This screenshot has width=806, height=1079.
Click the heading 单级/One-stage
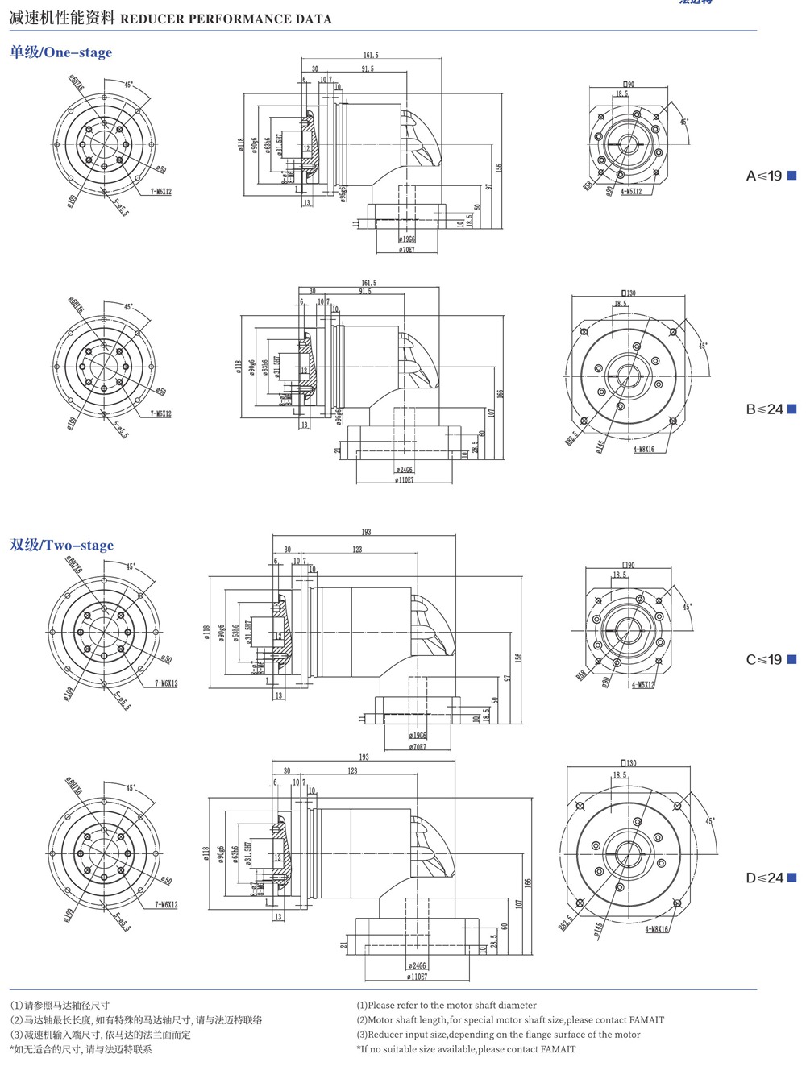point(61,52)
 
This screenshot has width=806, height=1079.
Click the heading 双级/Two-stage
point(62,546)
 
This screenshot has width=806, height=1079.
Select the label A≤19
point(763,176)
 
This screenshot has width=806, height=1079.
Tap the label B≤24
point(764,409)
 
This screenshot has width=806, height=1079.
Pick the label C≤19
point(763,659)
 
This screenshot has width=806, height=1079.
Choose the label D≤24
point(764,878)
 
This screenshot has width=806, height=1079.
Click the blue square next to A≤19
point(791,176)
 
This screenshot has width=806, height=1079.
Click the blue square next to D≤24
point(791,878)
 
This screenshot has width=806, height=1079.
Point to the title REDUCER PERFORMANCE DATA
point(226,19)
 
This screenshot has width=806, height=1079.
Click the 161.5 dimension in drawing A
point(370,56)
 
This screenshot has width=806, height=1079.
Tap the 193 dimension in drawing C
point(365,532)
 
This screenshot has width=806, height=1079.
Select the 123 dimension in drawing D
point(352,770)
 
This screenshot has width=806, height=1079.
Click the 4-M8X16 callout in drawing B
point(643,450)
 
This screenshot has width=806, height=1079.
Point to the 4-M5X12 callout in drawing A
point(631,192)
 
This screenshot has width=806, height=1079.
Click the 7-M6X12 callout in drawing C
point(166,683)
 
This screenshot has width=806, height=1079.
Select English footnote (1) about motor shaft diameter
point(447,1006)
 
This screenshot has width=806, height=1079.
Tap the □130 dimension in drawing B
point(629,293)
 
